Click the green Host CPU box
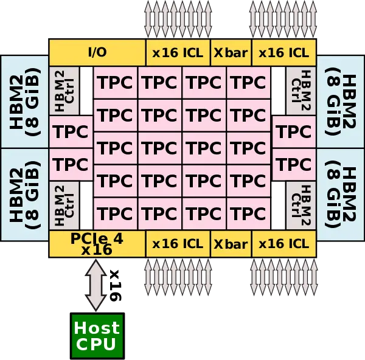click(x=97, y=336)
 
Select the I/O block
click(x=97, y=52)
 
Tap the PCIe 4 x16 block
click(x=97, y=243)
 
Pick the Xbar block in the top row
click(x=231, y=52)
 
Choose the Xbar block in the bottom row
click(x=231, y=244)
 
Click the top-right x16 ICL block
click(x=283, y=52)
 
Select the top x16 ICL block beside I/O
click(x=178, y=52)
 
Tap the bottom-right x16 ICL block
click(x=283, y=244)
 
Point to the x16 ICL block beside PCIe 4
click(x=178, y=244)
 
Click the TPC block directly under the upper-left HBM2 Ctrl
click(x=71, y=131)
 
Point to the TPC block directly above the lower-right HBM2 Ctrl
click(x=294, y=164)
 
